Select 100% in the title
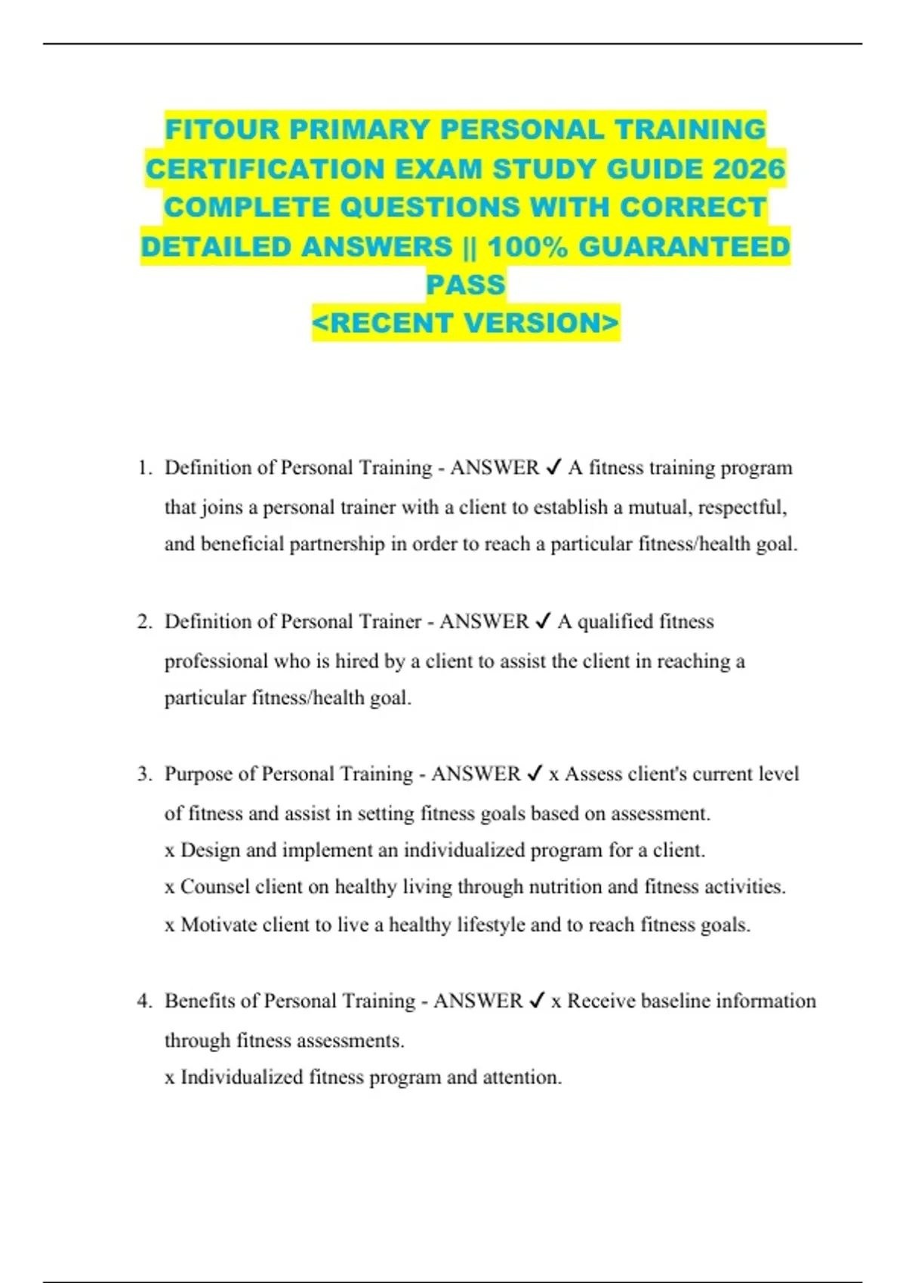(527, 247)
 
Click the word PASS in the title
(466, 285)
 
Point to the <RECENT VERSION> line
(466, 323)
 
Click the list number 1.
(144, 468)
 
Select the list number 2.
(144, 622)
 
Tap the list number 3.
(144, 774)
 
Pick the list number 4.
(144, 1001)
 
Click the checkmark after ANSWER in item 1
(553, 468)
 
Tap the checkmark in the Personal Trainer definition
(542, 622)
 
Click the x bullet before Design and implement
(169, 851)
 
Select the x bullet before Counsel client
(169, 888)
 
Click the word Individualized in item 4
(242, 1078)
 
